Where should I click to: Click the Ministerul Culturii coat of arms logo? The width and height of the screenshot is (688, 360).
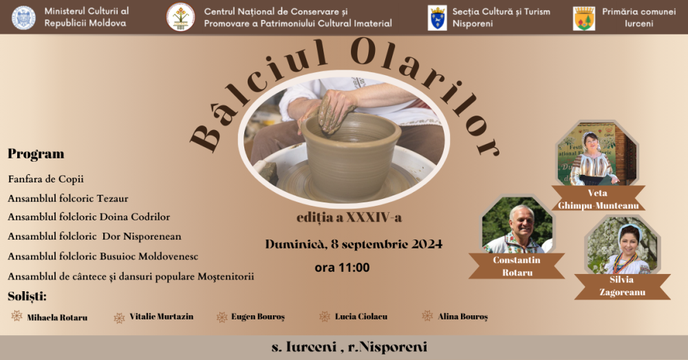click(x=23, y=17)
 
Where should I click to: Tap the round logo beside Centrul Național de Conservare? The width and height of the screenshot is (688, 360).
click(x=180, y=17)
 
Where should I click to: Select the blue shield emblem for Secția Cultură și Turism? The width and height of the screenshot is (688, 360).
click(x=437, y=17)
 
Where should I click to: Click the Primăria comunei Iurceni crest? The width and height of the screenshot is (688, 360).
click(x=584, y=18)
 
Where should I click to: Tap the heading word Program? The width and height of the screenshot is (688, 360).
click(x=36, y=153)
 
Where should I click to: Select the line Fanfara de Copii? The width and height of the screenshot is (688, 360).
click(x=45, y=179)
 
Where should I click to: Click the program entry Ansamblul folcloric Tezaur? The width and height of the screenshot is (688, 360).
click(x=68, y=198)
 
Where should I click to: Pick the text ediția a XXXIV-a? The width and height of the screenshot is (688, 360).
click(x=344, y=218)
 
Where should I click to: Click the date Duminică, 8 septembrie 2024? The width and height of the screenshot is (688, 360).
click(x=354, y=244)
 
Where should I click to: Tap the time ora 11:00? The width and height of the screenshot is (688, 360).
click(x=342, y=267)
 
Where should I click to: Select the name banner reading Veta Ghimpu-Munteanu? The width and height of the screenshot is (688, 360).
click(x=598, y=199)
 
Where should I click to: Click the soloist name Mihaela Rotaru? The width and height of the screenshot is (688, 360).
click(x=57, y=317)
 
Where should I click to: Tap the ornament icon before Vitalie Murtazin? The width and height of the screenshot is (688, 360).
click(x=120, y=317)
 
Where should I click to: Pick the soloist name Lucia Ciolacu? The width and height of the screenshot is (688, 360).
click(x=362, y=317)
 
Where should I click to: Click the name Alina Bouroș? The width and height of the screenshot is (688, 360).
click(x=462, y=317)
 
